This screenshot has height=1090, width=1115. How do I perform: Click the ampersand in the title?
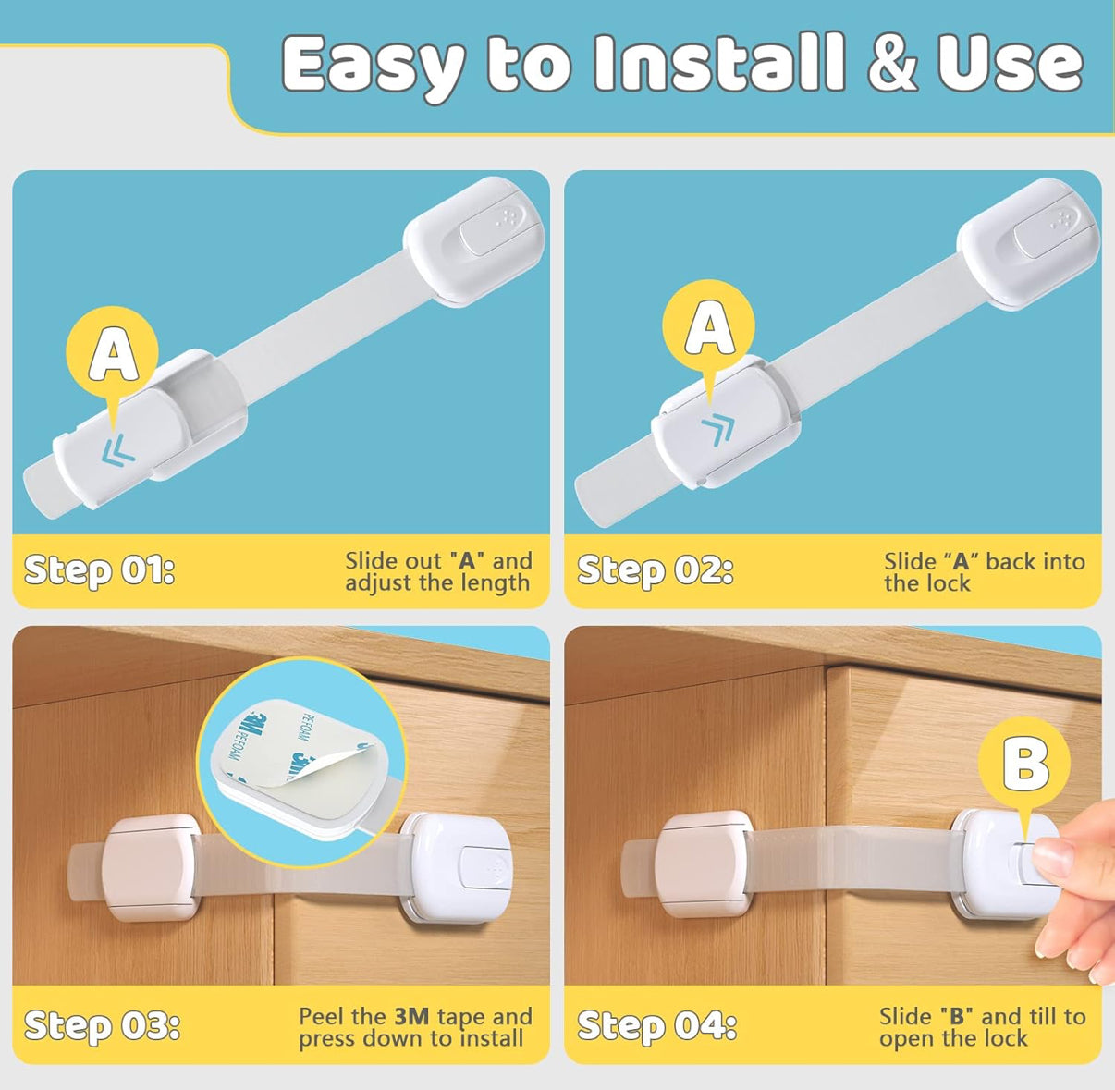pos(894,62)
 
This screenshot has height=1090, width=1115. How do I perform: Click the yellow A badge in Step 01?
pos(112,352)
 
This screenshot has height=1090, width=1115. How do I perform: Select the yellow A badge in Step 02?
pos(709,326)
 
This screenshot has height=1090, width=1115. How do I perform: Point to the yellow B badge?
pos(1024,764)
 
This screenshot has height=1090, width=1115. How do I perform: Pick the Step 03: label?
pos(102,1025)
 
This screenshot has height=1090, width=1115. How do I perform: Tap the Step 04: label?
pos(657,1025)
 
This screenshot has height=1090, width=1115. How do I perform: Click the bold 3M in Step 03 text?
pos(411,1017)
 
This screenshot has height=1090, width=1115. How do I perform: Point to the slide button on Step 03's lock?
pos(486,867)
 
